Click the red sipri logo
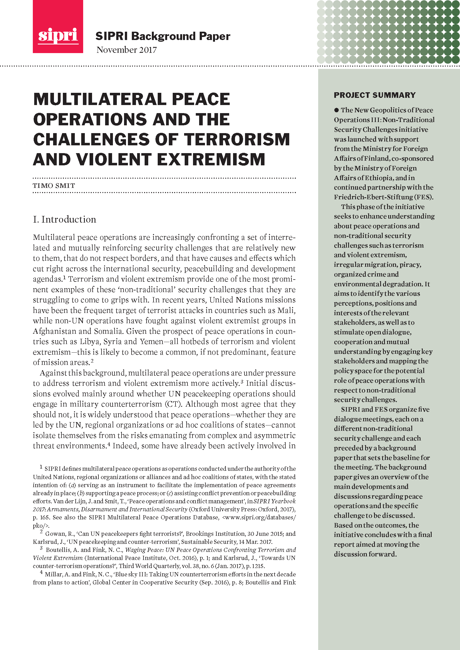click(x=58, y=27)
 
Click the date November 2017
click(x=126, y=50)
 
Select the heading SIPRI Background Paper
click(x=163, y=36)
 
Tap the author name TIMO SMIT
click(x=54, y=186)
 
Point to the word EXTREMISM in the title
click(x=211, y=160)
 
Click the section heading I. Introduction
click(x=65, y=220)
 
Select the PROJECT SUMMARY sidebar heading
click(x=374, y=95)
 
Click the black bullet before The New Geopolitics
click(x=336, y=110)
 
